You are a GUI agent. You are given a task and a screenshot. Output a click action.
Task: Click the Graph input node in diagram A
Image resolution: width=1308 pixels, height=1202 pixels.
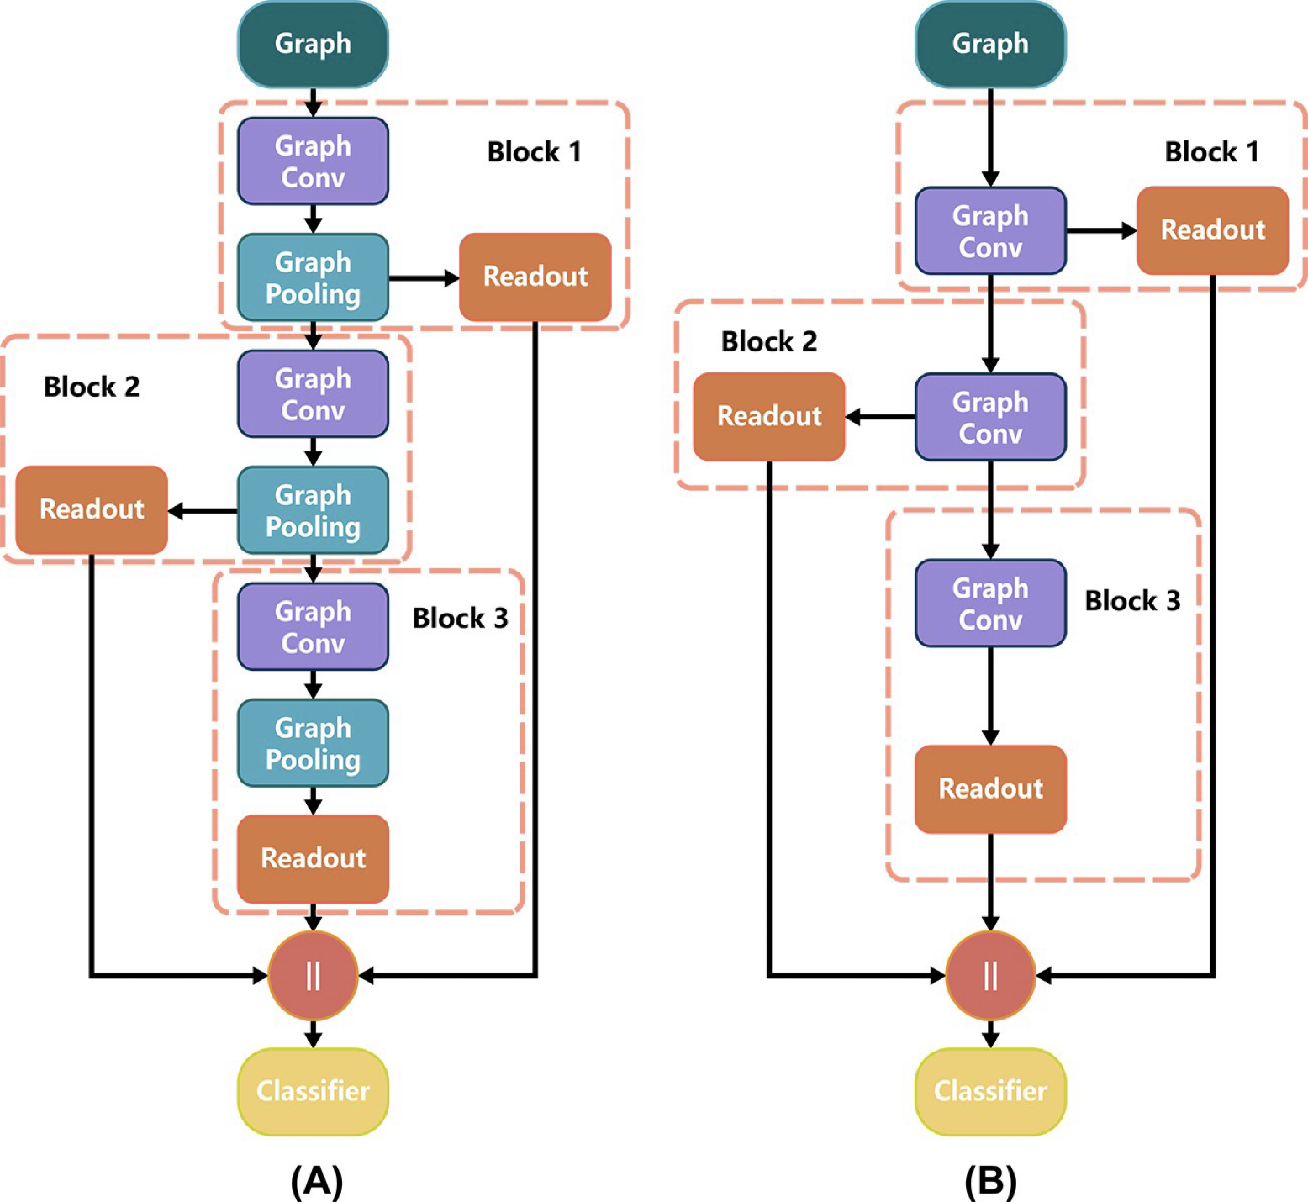(313, 44)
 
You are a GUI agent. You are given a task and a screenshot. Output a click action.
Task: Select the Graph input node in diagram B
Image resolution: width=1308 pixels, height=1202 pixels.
(990, 44)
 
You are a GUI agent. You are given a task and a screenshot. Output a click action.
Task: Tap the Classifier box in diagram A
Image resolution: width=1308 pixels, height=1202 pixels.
(313, 1091)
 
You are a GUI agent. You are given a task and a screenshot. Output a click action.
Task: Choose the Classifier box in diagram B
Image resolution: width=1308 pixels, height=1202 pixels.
(990, 1091)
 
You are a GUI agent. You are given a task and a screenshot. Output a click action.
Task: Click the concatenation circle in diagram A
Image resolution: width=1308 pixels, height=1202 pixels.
(313, 976)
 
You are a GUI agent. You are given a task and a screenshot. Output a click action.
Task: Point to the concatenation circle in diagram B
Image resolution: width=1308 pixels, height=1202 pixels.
(990, 976)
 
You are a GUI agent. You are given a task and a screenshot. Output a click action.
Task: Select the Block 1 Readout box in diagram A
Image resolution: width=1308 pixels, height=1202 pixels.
(535, 277)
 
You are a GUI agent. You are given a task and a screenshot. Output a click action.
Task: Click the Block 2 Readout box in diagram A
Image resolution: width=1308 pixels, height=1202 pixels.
(92, 509)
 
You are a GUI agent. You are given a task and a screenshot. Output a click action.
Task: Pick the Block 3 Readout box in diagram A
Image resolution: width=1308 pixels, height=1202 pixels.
(313, 858)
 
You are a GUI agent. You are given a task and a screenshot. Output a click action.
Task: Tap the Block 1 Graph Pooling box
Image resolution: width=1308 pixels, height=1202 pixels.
(313, 277)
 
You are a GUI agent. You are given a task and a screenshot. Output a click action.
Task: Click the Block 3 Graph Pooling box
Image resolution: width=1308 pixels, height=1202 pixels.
(313, 743)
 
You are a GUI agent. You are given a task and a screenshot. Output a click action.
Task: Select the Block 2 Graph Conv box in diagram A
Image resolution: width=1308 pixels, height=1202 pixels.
(313, 393)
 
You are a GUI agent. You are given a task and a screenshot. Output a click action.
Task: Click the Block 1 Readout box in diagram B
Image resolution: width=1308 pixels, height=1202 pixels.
(1212, 230)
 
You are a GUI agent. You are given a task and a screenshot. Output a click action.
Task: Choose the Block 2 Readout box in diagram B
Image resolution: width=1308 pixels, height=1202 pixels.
(768, 416)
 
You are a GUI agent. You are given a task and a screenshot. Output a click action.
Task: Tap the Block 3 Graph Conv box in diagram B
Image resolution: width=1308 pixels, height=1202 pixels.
(990, 603)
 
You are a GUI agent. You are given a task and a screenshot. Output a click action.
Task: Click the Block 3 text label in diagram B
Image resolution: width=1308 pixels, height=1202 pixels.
(1132, 601)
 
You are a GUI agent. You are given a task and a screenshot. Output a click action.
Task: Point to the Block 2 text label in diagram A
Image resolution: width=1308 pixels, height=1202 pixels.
(92, 387)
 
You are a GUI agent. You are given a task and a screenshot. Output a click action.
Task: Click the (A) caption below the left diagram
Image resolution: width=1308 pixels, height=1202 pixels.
(316, 1181)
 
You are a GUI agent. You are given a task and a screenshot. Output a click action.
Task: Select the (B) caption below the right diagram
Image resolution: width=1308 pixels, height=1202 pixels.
(990, 1181)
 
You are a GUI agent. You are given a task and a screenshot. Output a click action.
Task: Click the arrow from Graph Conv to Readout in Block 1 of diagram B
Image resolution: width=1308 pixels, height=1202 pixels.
(1101, 230)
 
